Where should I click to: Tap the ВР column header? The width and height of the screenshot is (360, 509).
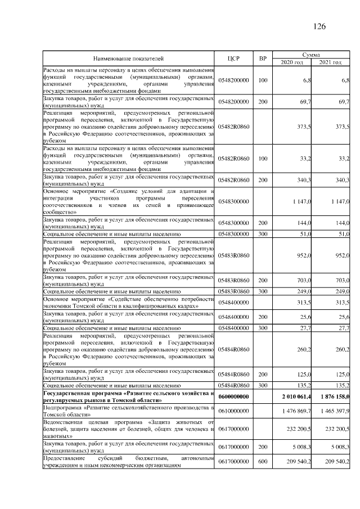pos(262,58)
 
